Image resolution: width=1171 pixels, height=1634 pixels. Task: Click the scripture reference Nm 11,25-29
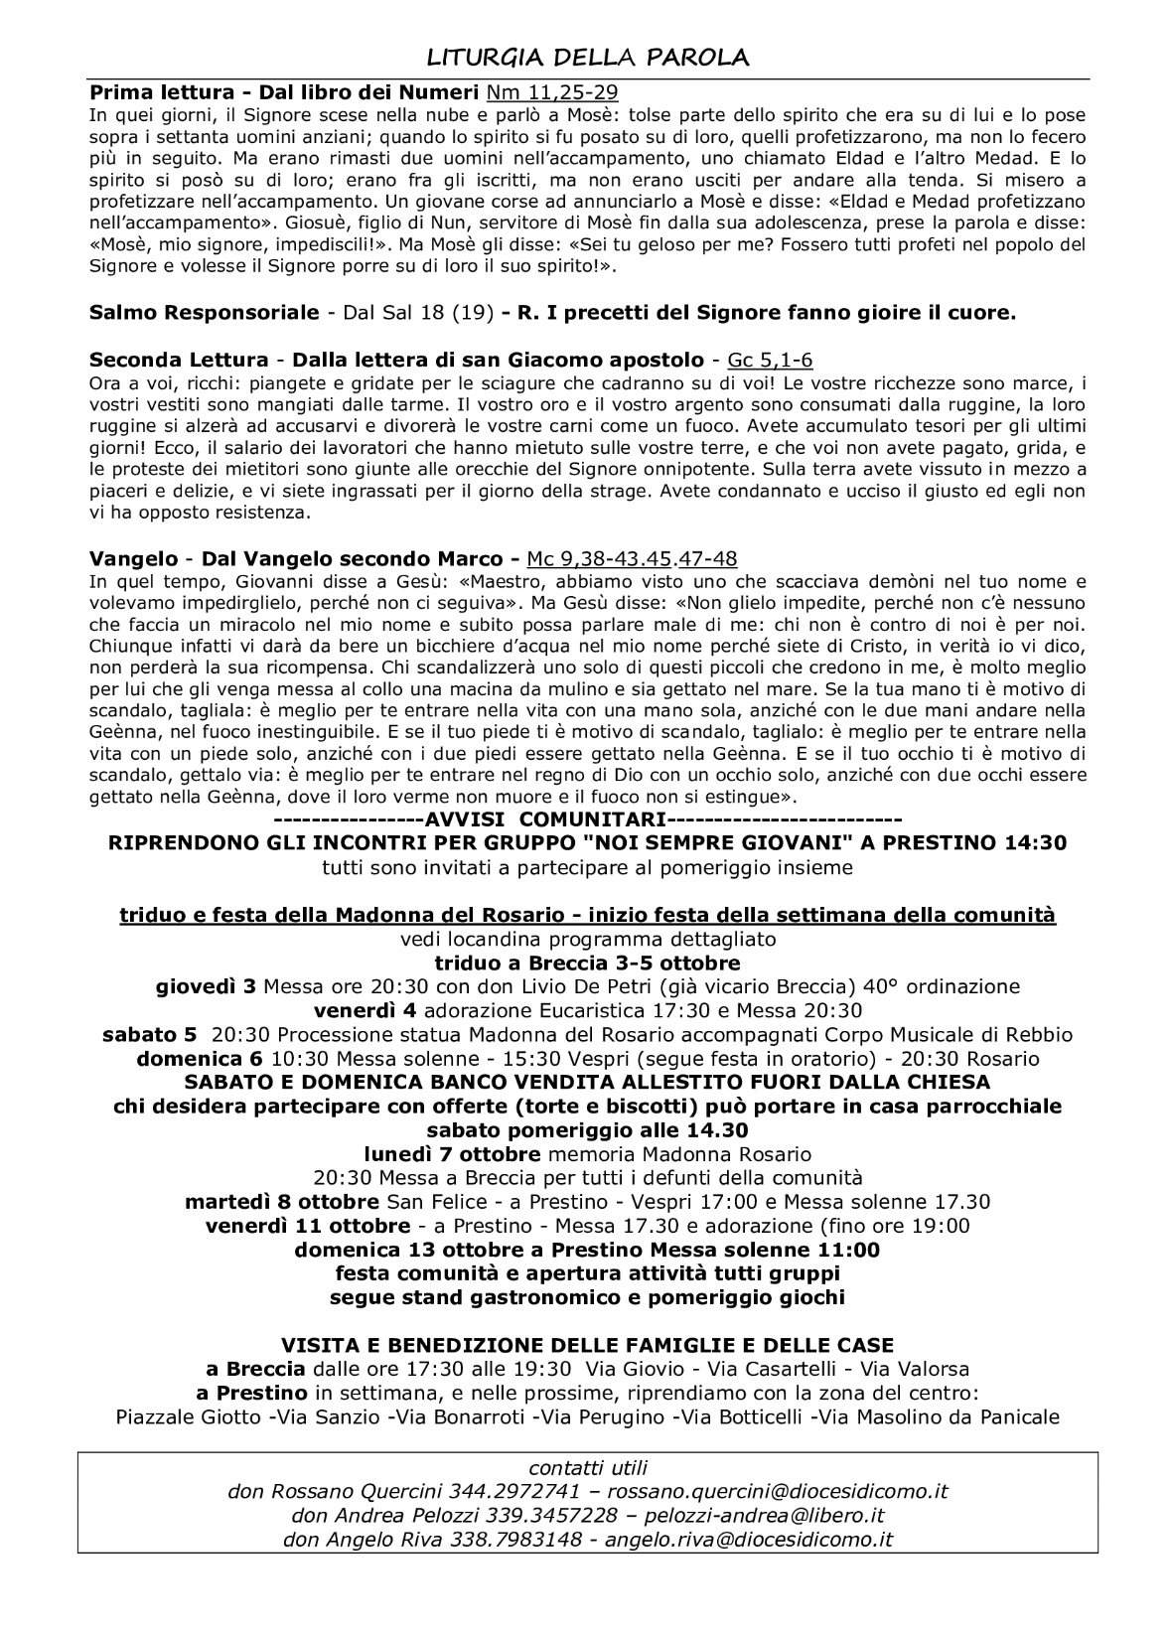pyautogui.click(x=552, y=92)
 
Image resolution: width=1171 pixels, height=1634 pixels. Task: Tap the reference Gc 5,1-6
pyautogui.click(x=771, y=360)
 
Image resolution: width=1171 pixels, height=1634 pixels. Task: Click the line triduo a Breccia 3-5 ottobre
pyautogui.click(x=587, y=963)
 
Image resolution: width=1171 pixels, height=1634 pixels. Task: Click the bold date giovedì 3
pyautogui.click(x=207, y=986)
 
